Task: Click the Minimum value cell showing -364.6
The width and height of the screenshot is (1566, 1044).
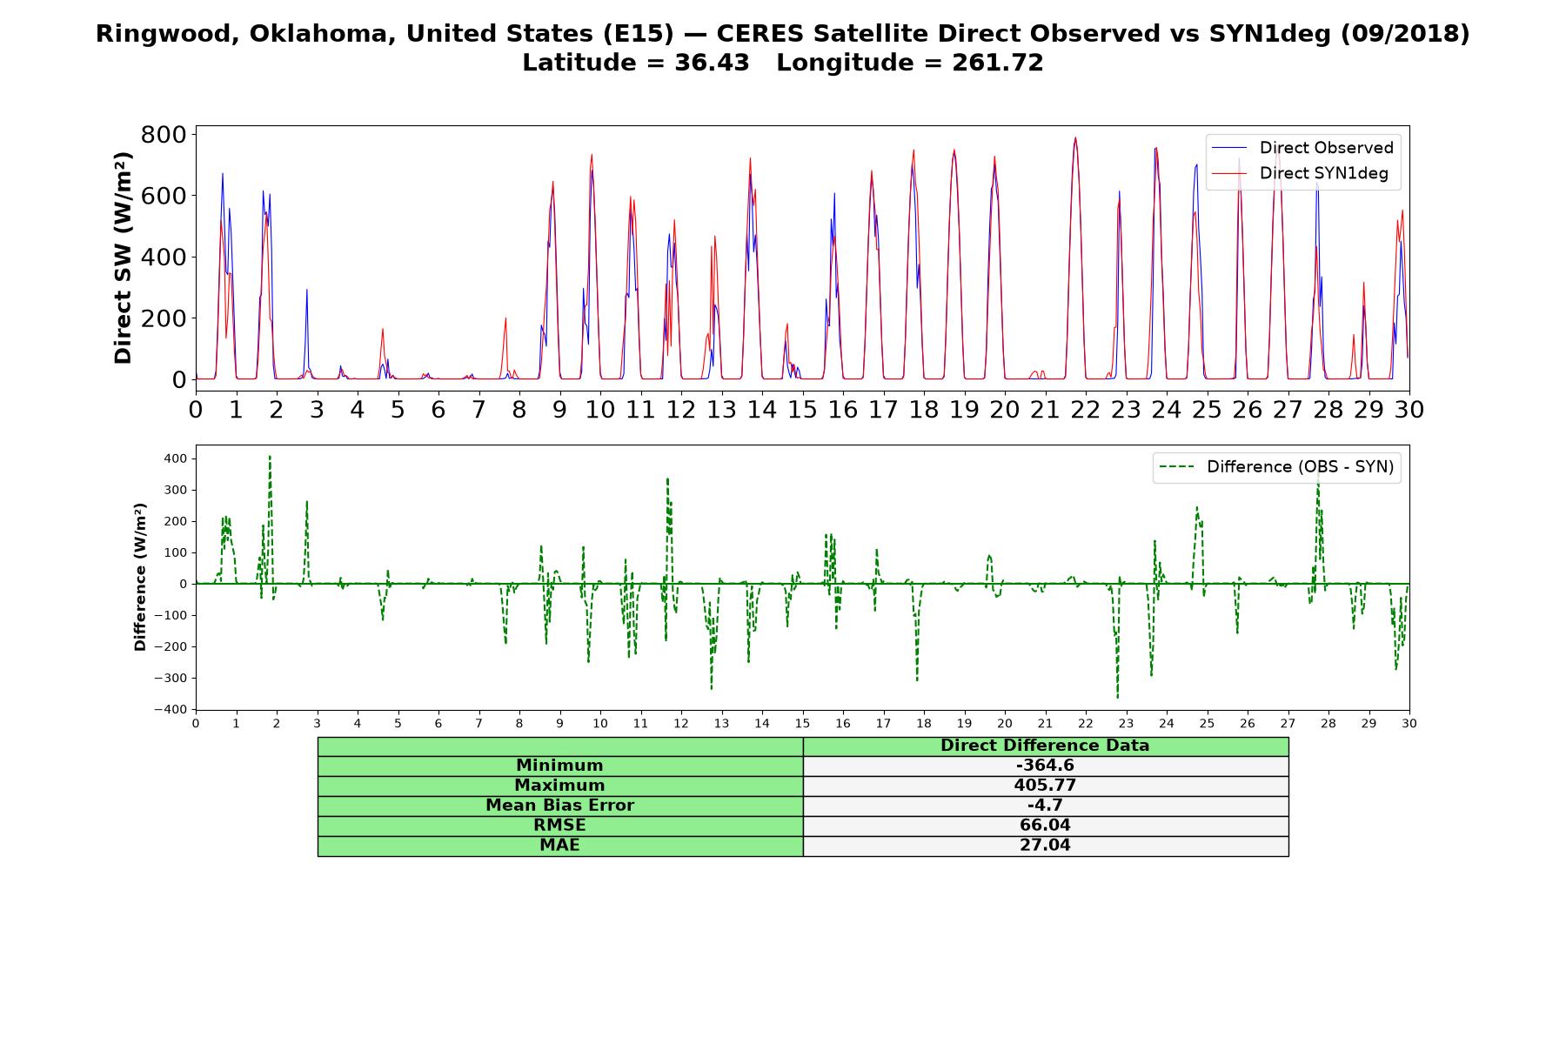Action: (1045, 766)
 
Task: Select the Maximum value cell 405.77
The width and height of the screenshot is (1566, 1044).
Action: (1045, 786)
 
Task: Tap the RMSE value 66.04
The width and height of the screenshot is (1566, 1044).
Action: (1045, 826)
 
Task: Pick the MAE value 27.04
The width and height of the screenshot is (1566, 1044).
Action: (1045, 846)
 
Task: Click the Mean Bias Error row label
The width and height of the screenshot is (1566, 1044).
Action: (559, 806)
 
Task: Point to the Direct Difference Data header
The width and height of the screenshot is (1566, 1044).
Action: (1045, 746)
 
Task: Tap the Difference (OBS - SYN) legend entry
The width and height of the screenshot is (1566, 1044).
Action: (1277, 467)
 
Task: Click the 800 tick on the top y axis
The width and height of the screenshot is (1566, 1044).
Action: (164, 134)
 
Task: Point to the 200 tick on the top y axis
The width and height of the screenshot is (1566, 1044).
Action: (164, 318)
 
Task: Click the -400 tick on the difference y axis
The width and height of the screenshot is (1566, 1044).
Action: (171, 710)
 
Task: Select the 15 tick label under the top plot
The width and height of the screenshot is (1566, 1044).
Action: (802, 410)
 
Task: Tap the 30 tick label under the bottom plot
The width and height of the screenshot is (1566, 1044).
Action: (1409, 724)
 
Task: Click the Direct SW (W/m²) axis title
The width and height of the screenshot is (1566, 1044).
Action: (124, 258)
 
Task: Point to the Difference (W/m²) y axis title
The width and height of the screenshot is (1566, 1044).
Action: (140, 578)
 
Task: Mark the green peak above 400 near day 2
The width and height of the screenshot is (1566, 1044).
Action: (270, 456)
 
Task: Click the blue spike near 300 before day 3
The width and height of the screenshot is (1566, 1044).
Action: (306, 290)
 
